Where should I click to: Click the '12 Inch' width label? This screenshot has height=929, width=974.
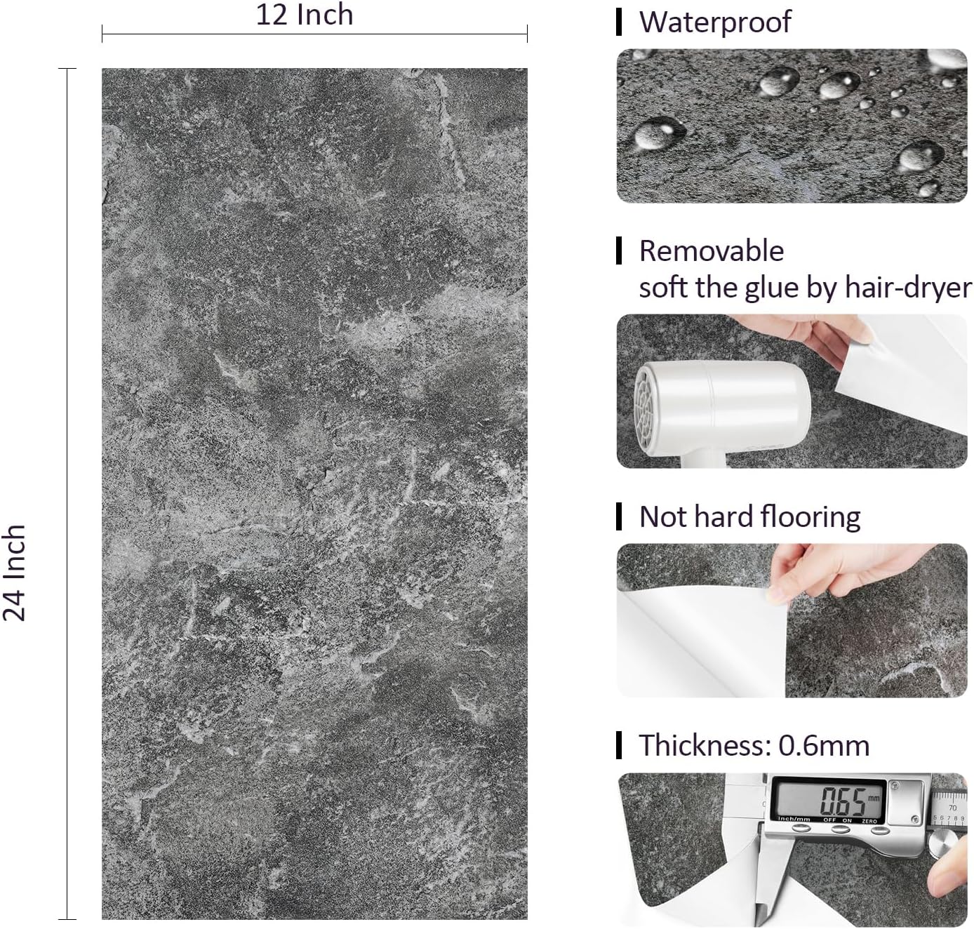[x=304, y=14]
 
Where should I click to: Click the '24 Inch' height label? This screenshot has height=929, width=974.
[x=14, y=573]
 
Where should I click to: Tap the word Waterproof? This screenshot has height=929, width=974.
[x=715, y=22]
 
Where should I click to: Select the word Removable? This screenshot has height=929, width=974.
[x=712, y=250]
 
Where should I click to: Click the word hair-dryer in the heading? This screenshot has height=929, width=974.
[x=908, y=288]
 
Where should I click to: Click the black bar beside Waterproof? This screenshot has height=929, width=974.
[x=619, y=22]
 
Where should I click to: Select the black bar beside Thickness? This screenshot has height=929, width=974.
[x=619, y=745]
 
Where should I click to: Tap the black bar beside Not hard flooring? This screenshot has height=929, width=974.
[x=619, y=516]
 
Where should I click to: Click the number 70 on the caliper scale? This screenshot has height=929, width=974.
[x=952, y=808]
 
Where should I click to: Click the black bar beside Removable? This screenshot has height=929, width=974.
[x=619, y=250]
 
